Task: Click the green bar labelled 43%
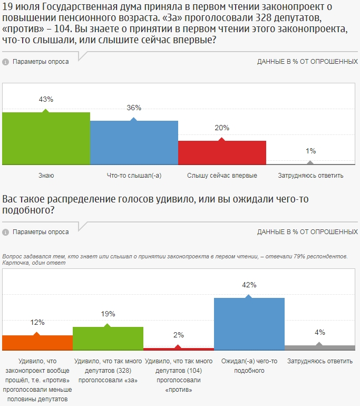pyautogui.click(x=46, y=138)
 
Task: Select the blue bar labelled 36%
pyautogui.click(x=134, y=142)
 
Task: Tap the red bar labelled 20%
pyautogui.click(x=222, y=152)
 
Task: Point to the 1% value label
pyautogui.click(x=310, y=151)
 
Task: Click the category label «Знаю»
pyautogui.click(x=46, y=176)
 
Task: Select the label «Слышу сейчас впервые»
pyautogui.click(x=222, y=176)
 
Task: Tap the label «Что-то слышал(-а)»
pyautogui.click(x=134, y=176)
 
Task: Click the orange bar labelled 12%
pyautogui.click(x=37, y=343)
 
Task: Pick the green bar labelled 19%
pyautogui.click(x=108, y=339)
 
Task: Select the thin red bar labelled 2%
pyautogui.click(x=178, y=349)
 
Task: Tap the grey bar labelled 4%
pyautogui.click(x=319, y=348)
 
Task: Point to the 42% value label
pyautogui.click(x=249, y=285)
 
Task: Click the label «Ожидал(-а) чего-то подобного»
pyautogui.click(x=249, y=366)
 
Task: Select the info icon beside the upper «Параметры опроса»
pyautogui.click(x=5, y=62)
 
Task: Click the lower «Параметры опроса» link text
pyautogui.click(x=41, y=232)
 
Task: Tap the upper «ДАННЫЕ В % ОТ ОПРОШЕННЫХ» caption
pyautogui.click(x=307, y=62)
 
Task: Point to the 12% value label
pyautogui.click(x=37, y=322)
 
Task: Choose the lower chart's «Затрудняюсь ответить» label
pyautogui.click(x=319, y=362)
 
